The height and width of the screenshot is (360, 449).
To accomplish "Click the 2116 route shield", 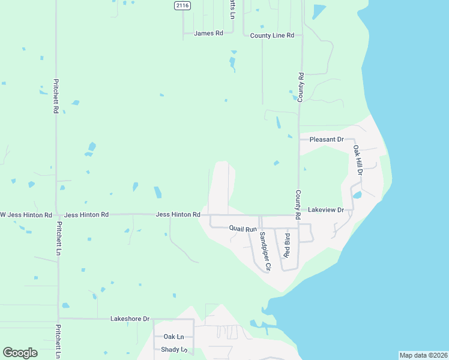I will click(x=182, y=5).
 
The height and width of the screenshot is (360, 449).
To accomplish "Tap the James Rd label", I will click(x=208, y=34).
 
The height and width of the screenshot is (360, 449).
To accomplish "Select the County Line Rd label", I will click(x=272, y=36).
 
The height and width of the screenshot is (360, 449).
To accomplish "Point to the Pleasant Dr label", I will click(x=326, y=140).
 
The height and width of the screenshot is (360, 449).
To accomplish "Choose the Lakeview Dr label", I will click(x=325, y=210).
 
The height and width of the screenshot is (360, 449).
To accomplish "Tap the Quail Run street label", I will click(x=243, y=229).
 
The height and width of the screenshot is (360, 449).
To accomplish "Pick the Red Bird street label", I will click(x=286, y=248).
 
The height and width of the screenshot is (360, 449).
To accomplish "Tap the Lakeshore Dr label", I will click(x=130, y=319).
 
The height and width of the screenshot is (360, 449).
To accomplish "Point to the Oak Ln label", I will click(x=173, y=337).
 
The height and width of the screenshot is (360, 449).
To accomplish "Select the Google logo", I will click(x=20, y=353).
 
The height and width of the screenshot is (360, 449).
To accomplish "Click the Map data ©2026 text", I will click(x=424, y=355).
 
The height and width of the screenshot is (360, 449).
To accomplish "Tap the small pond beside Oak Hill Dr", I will click(x=357, y=195).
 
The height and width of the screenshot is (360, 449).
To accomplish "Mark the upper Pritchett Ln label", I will click(x=58, y=239).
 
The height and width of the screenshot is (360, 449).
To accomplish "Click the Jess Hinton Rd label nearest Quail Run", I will click(x=178, y=214).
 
